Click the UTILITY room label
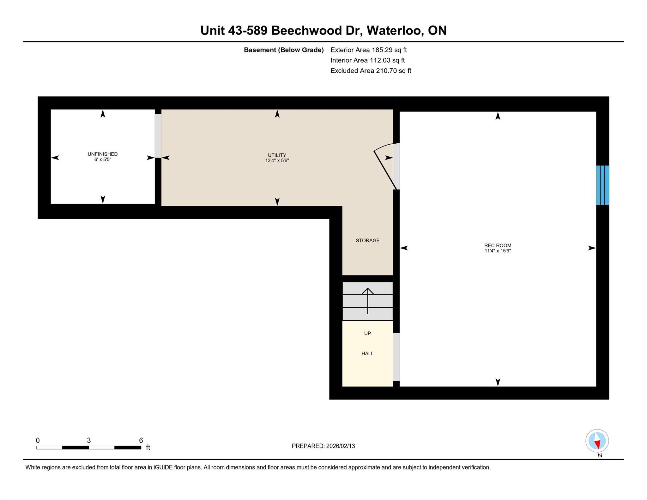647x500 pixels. (277, 155)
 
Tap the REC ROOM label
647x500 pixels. (498, 245)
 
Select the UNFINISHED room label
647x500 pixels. (103, 154)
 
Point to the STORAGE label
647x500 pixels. (368, 241)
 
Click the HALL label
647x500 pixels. (367, 354)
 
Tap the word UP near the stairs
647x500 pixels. (367, 334)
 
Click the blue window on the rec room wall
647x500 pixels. (602, 185)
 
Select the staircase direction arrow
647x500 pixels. (368, 301)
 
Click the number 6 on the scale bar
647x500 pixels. (141, 440)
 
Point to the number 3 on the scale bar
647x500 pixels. (89, 440)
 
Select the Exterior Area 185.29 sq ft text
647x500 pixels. (369, 50)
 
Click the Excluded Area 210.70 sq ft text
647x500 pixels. (371, 71)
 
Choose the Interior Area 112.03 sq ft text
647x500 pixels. (367, 60)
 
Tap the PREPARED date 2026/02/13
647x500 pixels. (341, 446)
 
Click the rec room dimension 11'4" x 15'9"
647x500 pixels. (498, 251)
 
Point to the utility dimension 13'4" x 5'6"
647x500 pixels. (277, 160)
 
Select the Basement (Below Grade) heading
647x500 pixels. (284, 50)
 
